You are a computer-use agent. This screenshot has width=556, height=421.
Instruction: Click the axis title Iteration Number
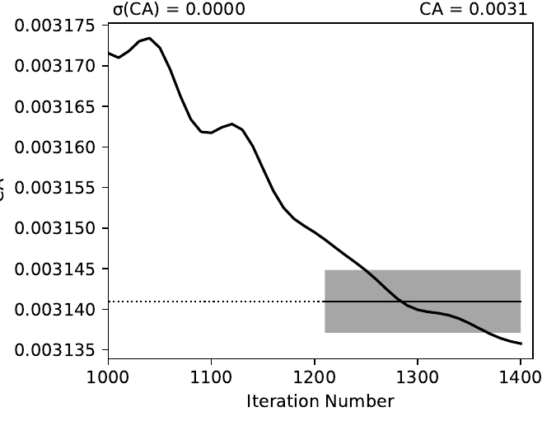(x=320, y=401)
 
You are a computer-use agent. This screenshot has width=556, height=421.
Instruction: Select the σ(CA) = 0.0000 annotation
(x=179, y=9)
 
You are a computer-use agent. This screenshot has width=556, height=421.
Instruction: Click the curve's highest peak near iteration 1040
(x=149, y=38)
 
